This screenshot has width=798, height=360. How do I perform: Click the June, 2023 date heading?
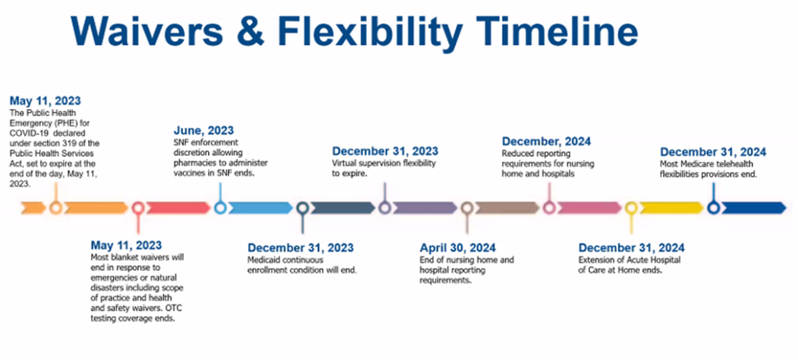[x=203, y=130]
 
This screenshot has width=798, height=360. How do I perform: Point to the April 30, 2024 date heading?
[x=457, y=248]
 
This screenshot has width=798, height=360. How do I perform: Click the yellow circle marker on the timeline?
[x=631, y=208]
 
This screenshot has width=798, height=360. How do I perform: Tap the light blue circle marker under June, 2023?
[x=221, y=208]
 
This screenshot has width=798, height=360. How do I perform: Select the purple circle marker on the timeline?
[x=385, y=208]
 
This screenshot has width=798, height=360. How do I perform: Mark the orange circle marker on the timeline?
[x=56, y=208]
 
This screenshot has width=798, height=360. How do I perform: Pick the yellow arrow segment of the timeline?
[x=671, y=208]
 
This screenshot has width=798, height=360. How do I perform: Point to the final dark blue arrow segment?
[x=754, y=208]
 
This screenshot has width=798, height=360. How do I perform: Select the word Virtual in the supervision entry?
[x=344, y=164]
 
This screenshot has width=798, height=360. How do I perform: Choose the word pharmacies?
[x=191, y=163]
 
